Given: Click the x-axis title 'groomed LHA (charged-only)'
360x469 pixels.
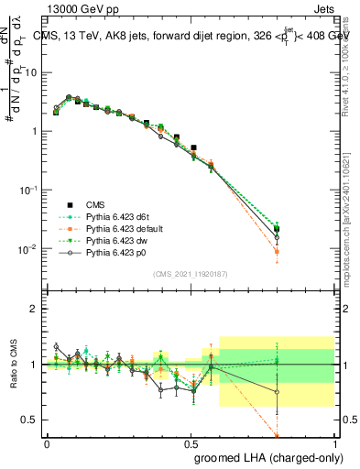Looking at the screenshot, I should coord(265,457).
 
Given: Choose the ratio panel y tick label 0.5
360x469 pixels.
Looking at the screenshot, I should coord(31,420).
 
